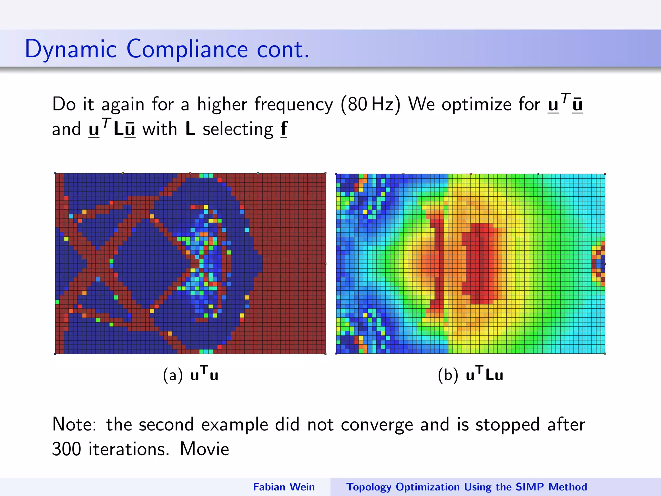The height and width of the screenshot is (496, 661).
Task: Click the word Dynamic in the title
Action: [71, 49]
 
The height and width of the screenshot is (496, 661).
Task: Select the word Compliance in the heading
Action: [187, 49]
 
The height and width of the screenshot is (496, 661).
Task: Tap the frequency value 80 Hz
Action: [370, 104]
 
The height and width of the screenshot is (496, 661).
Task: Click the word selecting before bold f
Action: [238, 129]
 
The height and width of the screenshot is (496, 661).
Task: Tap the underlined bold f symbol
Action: [284, 129]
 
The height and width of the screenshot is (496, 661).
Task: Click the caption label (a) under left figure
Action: [173, 375]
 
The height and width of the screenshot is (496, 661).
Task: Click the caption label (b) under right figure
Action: [448, 375]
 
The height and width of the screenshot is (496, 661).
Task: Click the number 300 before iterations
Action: [66, 449]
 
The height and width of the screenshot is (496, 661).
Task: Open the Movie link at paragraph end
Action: [204, 449]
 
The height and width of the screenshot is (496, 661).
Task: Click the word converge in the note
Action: [377, 425]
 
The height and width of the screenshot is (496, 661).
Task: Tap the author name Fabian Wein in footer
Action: [284, 487]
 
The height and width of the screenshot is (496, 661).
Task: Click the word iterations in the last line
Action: [128, 449]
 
